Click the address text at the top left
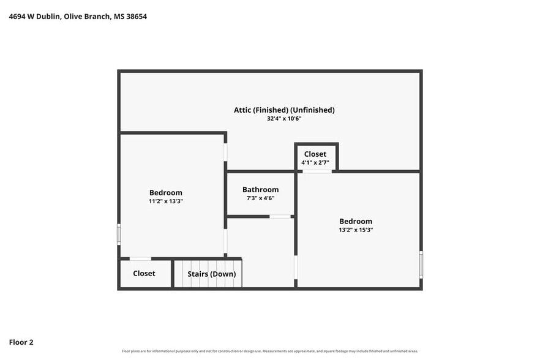pyautogui.click(x=78, y=17)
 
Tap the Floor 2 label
pyautogui.click(x=21, y=342)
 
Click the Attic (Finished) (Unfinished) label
pyautogui.click(x=284, y=110)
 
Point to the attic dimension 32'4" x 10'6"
pyautogui.click(x=284, y=119)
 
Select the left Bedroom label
pyautogui.click(x=166, y=193)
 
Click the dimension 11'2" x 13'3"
pyautogui.click(x=166, y=201)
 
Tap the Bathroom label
pyautogui.click(x=260, y=189)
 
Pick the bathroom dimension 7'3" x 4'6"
pyautogui.click(x=260, y=198)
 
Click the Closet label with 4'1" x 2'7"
pyautogui.click(x=315, y=154)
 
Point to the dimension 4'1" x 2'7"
pyautogui.click(x=315, y=163)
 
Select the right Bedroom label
pyautogui.click(x=356, y=221)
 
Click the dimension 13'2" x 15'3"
pyautogui.click(x=356, y=230)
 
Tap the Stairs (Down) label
pyautogui.click(x=211, y=274)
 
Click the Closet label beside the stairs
pyautogui.click(x=144, y=273)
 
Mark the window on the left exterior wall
pyautogui.click(x=119, y=234)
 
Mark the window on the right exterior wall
pyautogui.click(x=421, y=264)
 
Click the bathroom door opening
pyautogui.click(x=280, y=216)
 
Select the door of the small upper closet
pyautogui.click(x=317, y=171)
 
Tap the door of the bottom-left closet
pyautogui.click(x=140, y=259)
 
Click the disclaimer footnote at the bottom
pyautogui.click(x=270, y=351)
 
